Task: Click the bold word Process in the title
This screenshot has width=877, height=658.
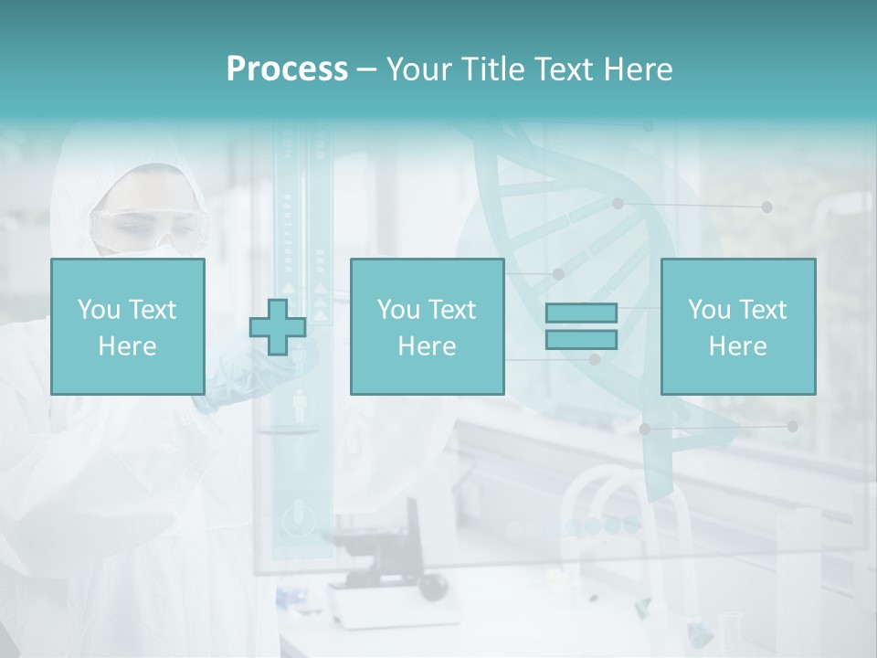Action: click(x=287, y=69)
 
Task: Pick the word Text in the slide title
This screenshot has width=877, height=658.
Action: click(x=562, y=69)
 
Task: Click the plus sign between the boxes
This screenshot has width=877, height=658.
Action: click(x=278, y=327)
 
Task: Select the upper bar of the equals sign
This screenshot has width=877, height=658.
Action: click(x=581, y=313)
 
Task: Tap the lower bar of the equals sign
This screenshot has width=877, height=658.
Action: click(x=581, y=339)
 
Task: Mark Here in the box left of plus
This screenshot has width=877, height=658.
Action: click(x=127, y=346)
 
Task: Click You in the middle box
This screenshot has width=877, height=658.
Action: click(x=398, y=310)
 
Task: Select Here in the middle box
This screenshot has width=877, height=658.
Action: click(x=427, y=346)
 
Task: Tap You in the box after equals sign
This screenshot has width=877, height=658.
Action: click(x=709, y=310)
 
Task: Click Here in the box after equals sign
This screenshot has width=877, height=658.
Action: click(x=737, y=346)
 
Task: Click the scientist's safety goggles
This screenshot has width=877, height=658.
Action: click(x=146, y=226)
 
